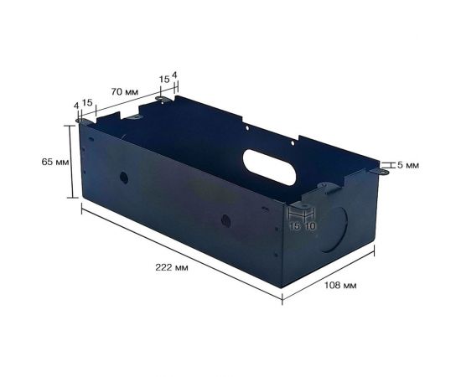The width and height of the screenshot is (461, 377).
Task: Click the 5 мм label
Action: pos(407,165)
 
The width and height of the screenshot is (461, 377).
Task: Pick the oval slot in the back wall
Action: pos(270,167)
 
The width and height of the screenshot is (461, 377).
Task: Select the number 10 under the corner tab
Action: pos(310,226)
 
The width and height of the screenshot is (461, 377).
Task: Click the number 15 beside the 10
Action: pos(294,226)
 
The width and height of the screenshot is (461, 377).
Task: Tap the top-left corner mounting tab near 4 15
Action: pos(82,121)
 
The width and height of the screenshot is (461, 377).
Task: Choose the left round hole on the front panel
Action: pos(123,178)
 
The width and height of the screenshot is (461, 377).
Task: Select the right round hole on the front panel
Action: pos(225,220)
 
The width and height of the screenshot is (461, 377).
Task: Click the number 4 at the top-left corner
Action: pos(75,106)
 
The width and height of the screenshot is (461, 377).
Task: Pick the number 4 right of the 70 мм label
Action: pos(174,75)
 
